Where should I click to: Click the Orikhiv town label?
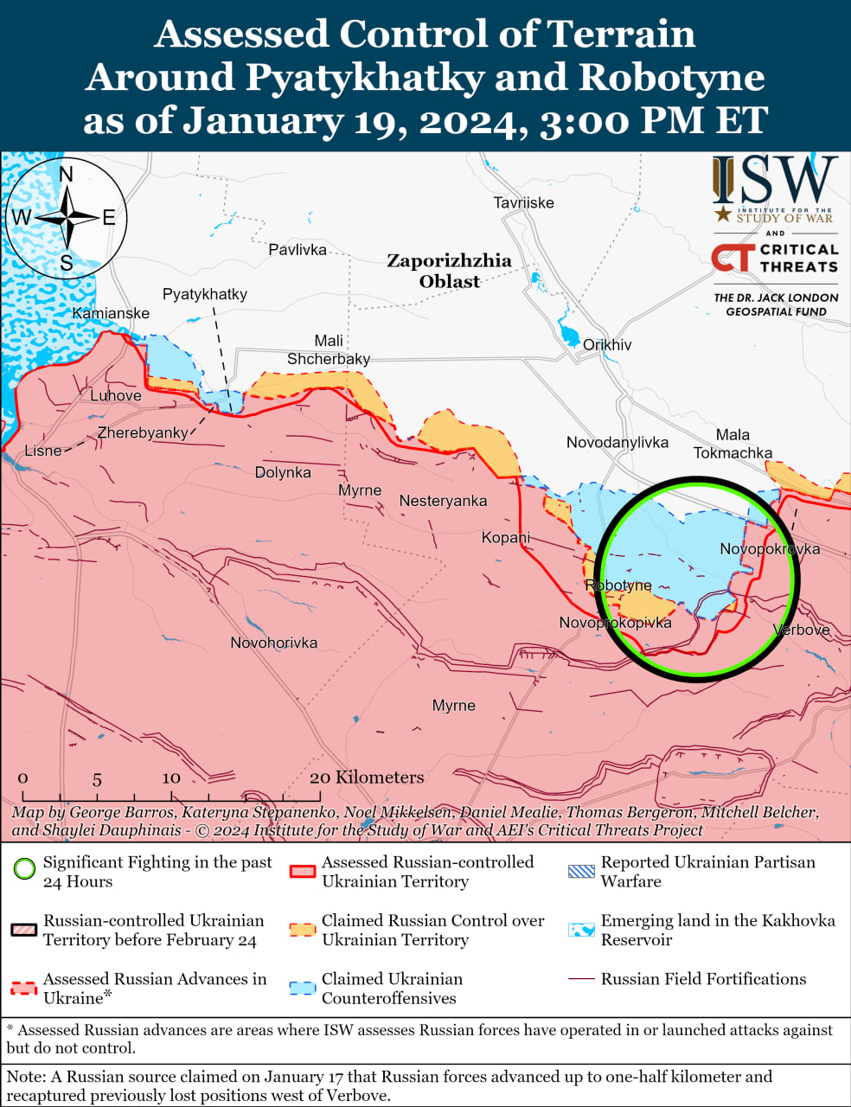point(607,345)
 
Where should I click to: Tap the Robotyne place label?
point(618,585)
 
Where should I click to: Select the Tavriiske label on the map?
point(523,203)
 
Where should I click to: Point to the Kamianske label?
point(111,313)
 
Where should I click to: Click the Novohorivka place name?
point(273,643)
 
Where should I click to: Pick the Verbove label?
point(802,630)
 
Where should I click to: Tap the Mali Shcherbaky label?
point(329,350)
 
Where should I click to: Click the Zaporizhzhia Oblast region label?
point(449,271)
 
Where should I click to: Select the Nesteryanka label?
point(443,501)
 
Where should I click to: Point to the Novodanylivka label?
point(617,443)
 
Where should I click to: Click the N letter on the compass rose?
point(67,175)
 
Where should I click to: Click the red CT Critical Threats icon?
point(732,258)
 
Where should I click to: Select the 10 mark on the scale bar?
point(171,778)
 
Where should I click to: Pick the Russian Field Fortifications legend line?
point(580,979)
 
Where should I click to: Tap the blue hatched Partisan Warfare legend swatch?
point(581,871)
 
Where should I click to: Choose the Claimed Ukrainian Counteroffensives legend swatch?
point(302,988)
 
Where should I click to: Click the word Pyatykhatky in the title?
point(364,77)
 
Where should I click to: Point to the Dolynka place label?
point(283,472)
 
